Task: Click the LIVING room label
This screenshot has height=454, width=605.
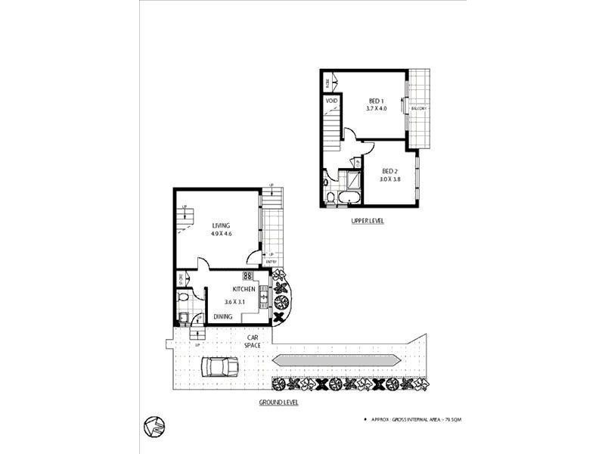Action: click(x=221, y=225)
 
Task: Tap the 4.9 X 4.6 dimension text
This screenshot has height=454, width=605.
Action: click(x=221, y=235)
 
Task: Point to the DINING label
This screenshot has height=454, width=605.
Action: click(x=222, y=317)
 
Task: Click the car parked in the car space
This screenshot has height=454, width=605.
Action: click(x=219, y=367)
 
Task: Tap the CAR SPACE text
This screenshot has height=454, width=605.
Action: click(x=253, y=340)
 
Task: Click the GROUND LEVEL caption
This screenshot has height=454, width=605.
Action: click(x=279, y=403)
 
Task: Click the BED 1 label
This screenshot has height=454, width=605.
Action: click(x=377, y=101)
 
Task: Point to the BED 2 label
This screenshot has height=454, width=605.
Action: click(x=389, y=171)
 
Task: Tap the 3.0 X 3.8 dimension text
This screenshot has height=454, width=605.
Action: click(x=389, y=180)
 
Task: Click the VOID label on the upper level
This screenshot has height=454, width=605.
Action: click(x=331, y=101)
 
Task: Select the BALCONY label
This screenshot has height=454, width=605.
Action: click(x=419, y=109)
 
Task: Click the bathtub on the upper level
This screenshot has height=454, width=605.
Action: click(x=351, y=198)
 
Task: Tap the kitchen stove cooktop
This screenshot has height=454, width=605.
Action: click(x=248, y=276)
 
